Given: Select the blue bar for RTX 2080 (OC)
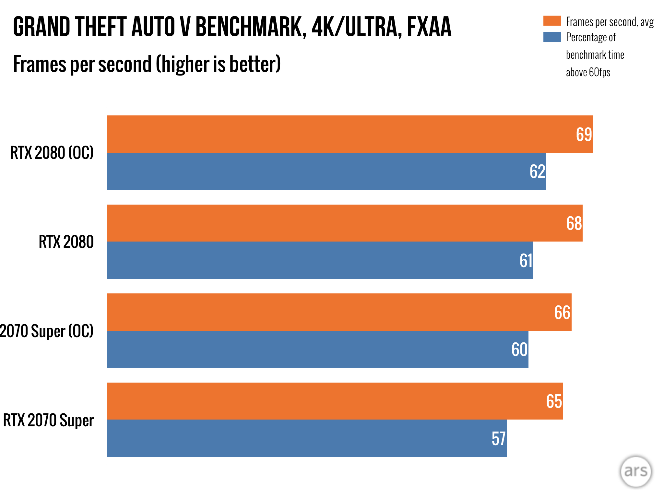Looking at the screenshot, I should [x=324, y=171].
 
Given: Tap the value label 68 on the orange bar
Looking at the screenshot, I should [x=574, y=223].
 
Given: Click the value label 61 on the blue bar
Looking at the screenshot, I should [x=526, y=260].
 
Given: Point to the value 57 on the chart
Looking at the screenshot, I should [x=498, y=439].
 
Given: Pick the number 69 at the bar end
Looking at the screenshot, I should [x=584, y=134].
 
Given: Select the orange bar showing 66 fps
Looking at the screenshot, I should [x=324, y=312].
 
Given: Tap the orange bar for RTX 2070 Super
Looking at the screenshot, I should [x=324, y=401].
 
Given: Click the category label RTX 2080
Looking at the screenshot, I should [x=66, y=242].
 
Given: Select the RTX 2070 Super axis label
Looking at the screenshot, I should [x=48, y=420].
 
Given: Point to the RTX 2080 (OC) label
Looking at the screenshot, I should [x=52, y=153].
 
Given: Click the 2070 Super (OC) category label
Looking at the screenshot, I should [x=47, y=331].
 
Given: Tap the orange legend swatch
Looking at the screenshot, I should [x=552, y=21].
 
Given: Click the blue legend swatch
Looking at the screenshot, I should [x=552, y=37].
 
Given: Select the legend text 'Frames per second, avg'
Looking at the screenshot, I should [x=610, y=22].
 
